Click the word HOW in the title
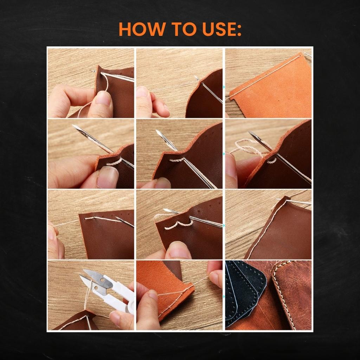142,29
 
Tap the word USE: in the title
222,29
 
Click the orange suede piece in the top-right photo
271,90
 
